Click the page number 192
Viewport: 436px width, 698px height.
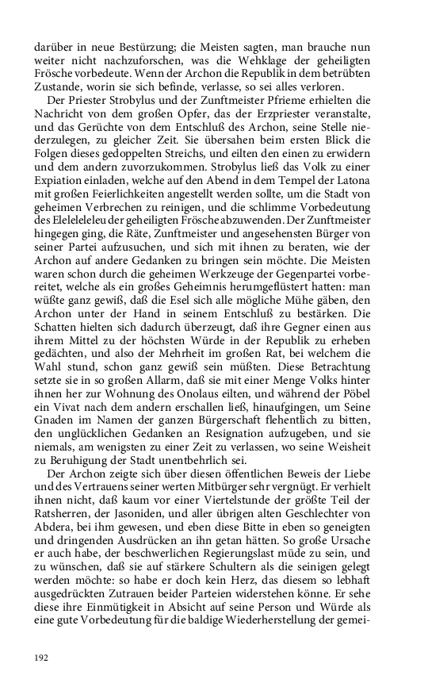pyautogui.click(x=42, y=657)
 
